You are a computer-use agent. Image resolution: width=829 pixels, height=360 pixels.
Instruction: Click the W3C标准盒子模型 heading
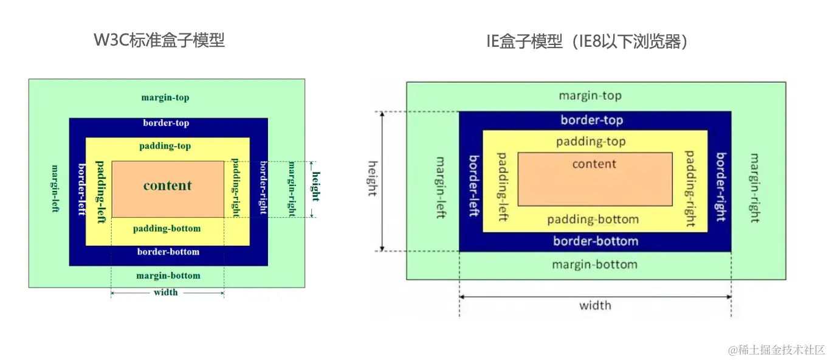159,41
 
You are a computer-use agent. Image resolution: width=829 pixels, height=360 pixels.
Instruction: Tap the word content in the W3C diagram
167,186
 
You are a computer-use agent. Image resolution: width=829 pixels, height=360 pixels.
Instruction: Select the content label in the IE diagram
594,164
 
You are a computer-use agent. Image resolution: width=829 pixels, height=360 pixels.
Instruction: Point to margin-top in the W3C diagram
165,97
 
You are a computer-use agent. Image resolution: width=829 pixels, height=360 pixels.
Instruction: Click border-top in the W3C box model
166,123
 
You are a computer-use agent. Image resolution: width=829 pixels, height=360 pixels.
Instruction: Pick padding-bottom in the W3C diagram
167,229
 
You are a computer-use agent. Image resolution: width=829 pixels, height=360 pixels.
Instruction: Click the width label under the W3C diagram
166,292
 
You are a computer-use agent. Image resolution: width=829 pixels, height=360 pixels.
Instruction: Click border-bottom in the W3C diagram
168,252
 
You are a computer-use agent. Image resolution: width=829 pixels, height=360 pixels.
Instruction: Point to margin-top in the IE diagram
590,96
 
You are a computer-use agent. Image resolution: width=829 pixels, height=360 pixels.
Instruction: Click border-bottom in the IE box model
595,241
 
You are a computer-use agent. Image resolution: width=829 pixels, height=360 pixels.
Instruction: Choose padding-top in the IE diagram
590,142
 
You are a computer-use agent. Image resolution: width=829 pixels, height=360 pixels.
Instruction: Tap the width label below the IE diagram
595,305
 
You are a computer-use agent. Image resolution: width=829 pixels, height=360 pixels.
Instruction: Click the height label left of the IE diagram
373,178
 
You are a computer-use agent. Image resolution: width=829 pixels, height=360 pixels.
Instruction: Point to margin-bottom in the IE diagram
594,265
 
